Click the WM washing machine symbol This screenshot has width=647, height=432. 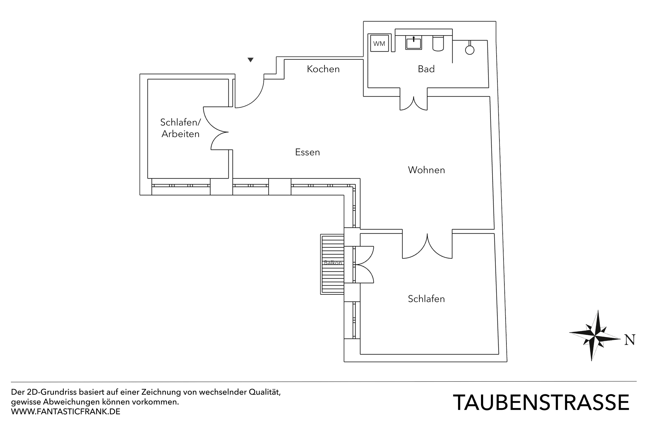pos(379,43)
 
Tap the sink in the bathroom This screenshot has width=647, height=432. pos(413,43)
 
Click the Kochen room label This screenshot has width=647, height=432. pos(323,69)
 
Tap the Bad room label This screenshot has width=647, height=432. pos(426,69)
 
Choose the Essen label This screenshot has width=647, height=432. pos(307,152)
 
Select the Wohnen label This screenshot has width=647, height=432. pos(426,170)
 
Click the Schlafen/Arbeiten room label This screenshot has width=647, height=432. pos(180,128)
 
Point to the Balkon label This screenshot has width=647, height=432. pos(333,263)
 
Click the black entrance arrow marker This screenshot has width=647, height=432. pos(250,60)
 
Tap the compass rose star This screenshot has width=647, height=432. pos(595,336)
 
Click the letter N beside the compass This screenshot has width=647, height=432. pos(630,340)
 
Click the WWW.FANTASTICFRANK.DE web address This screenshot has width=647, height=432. pos(66,412)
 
